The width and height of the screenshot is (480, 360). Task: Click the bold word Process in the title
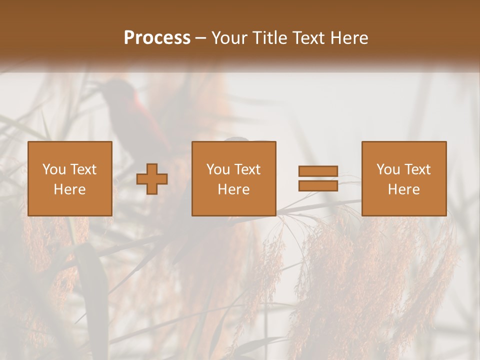pyautogui.click(x=157, y=38)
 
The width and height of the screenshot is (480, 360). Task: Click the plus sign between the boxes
pyautogui.click(x=152, y=179)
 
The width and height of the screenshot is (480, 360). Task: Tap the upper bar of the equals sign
pyautogui.click(x=318, y=171)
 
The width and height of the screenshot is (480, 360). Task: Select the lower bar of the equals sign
pyautogui.click(x=318, y=185)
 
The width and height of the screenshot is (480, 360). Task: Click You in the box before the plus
pyautogui.click(x=54, y=169)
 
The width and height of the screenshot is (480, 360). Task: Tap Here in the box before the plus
pyautogui.click(x=70, y=189)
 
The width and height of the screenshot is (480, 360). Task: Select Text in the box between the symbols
pyautogui.click(x=247, y=169)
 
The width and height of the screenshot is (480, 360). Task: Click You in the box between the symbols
pyautogui.click(x=218, y=169)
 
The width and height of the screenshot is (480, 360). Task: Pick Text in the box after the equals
pyautogui.click(x=417, y=169)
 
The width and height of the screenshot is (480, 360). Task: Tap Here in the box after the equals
pyautogui.click(x=404, y=189)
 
